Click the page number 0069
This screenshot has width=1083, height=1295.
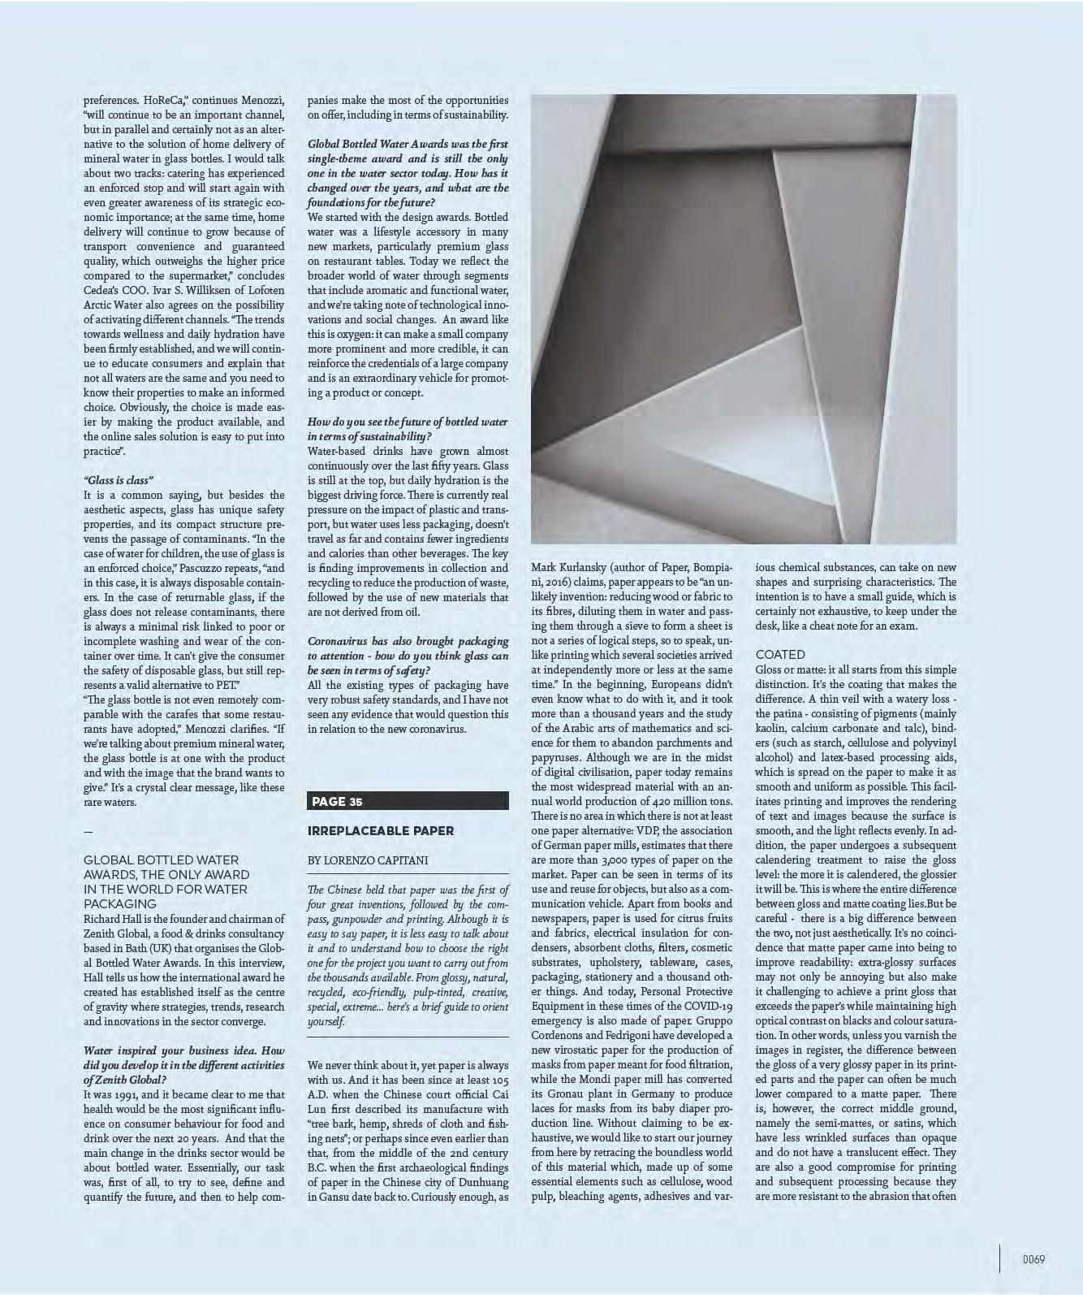(x=1033, y=1259)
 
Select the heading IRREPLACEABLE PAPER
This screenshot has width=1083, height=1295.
(x=381, y=830)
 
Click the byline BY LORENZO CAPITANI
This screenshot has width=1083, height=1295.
(x=368, y=860)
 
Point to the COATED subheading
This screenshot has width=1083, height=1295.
(x=780, y=654)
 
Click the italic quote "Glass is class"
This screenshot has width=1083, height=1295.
(x=119, y=480)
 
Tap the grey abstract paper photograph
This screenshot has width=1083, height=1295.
(x=743, y=318)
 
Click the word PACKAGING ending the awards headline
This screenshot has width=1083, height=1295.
(x=120, y=903)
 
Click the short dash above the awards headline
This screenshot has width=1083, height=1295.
(x=88, y=831)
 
